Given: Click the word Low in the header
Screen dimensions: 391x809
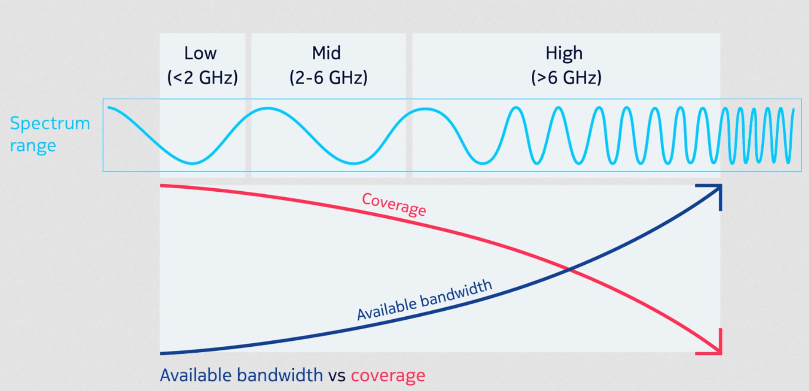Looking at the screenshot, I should [x=200, y=54].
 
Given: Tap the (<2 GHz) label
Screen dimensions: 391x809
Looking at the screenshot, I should [x=203, y=78].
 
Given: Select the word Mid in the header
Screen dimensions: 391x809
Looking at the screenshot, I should [x=326, y=53].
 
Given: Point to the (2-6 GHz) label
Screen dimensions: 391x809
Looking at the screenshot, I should [x=328, y=78].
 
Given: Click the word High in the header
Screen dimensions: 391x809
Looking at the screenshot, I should [x=564, y=54].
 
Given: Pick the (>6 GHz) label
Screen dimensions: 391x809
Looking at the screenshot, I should [x=566, y=78].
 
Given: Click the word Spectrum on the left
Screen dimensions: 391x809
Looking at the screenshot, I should [x=50, y=124].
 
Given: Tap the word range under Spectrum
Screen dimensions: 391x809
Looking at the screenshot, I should [x=33, y=146].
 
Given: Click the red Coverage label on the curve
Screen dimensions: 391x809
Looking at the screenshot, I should [x=394, y=204].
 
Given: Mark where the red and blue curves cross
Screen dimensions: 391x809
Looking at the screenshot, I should [x=570, y=269].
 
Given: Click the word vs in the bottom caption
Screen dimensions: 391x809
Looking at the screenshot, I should [x=337, y=375].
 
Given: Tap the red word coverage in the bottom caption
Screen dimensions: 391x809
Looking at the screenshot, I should [x=388, y=375].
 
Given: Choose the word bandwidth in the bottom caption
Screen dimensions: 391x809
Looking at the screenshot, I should [x=280, y=375].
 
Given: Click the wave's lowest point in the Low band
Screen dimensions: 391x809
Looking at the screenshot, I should [x=192, y=163].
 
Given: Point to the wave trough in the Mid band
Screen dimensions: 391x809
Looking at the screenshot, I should [x=354, y=163].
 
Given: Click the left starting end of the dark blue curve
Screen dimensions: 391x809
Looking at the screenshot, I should [x=162, y=353].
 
